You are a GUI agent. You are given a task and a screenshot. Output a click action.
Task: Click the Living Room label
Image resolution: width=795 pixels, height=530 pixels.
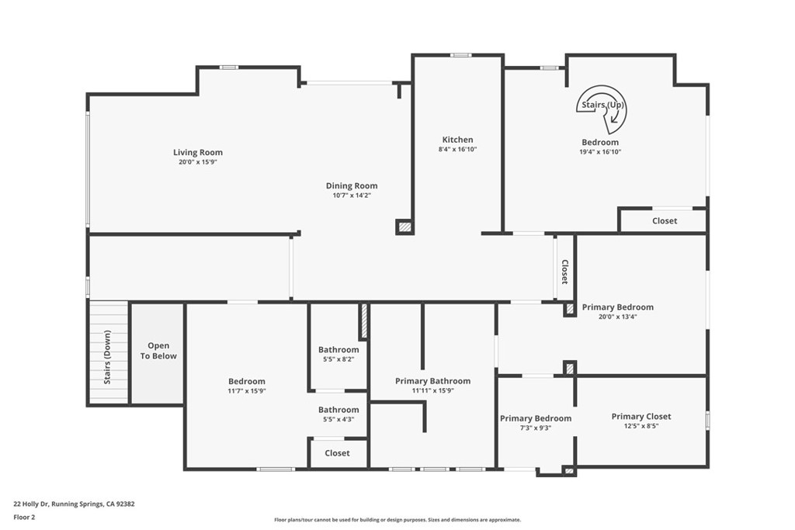[x=197, y=152]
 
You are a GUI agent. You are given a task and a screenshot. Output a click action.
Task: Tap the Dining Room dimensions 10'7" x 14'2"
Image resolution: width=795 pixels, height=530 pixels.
[x=351, y=196]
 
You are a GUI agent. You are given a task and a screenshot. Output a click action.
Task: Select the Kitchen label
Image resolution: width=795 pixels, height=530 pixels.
[x=457, y=140]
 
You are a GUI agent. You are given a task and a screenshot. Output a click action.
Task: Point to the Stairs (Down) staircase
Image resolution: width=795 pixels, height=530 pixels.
[x=108, y=353]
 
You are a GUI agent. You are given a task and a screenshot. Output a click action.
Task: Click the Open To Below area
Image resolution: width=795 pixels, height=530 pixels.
[x=158, y=352]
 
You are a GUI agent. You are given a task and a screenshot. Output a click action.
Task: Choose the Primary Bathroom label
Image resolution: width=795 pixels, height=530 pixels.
[x=432, y=381]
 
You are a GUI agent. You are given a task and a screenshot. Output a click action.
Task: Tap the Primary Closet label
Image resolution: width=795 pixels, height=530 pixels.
[x=641, y=416]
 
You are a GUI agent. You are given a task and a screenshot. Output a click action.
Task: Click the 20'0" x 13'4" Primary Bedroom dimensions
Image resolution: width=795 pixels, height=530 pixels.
[x=618, y=317]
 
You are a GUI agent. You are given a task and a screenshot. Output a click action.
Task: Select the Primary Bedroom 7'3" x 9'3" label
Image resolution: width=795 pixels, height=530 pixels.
[x=535, y=418]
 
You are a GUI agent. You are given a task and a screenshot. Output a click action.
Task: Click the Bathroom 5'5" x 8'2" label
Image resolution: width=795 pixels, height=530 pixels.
[x=338, y=350]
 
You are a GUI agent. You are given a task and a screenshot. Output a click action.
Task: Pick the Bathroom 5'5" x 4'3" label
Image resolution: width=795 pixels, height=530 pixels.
[x=338, y=410]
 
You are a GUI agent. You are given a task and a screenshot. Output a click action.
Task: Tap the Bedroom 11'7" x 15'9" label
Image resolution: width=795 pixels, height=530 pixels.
[x=246, y=381]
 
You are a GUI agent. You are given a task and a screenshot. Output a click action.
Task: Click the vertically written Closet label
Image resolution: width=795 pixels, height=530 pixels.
[x=564, y=272]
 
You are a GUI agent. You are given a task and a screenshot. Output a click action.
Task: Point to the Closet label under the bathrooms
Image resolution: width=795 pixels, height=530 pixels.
[x=337, y=453]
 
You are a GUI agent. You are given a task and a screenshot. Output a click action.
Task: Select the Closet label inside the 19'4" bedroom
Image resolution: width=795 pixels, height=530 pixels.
[x=664, y=221]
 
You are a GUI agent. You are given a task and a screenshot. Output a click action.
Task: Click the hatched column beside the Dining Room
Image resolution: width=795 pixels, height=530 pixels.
[x=404, y=227]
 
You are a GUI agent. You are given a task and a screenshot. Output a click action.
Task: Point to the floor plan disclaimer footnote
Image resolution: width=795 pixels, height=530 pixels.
[x=397, y=520]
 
